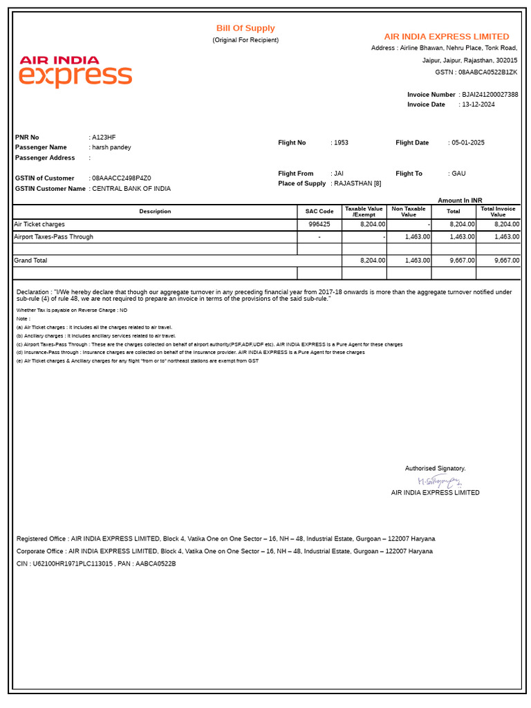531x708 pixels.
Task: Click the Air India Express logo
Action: [75, 72]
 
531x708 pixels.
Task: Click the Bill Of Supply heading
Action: [245, 28]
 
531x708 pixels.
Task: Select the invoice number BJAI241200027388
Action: [490, 95]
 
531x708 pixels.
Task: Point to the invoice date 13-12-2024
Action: [478, 104]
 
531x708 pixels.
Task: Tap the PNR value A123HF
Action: [104, 138]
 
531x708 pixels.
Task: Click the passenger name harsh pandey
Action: [111, 147]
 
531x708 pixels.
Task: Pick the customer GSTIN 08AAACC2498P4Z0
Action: [122, 178]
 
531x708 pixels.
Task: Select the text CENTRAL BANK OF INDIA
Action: [131, 189]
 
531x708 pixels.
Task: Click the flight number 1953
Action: [341, 143]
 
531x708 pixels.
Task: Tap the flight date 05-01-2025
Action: [468, 143]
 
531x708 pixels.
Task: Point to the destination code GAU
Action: [458, 174]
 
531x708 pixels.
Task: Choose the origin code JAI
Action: [339, 174]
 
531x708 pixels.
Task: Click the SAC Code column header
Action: [319, 212]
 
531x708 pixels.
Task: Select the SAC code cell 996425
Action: [319, 225]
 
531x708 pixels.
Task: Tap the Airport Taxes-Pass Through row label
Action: [54, 237]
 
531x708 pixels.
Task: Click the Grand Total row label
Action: [31, 261]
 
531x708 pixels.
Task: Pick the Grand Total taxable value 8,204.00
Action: [373, 261]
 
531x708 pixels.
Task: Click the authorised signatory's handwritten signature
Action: [438, 481]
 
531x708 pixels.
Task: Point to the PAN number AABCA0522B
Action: [156, 564]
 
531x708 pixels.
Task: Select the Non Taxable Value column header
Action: [409, 212]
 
